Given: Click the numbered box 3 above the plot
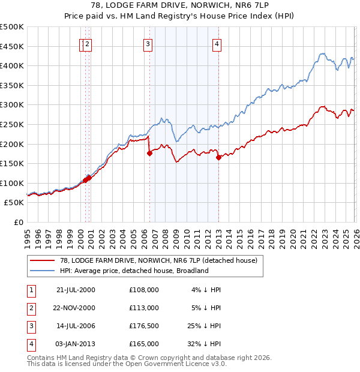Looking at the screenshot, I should [x=148, y=43].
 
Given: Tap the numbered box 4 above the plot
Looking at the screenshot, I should [x=217, y=43].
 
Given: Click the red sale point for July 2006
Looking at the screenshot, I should [x=149, y=153].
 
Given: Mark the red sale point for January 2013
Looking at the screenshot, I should [x=218, y=157].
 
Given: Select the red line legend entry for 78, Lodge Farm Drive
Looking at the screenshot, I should [x=158, y=260].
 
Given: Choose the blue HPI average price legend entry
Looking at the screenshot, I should [x=134, y=271].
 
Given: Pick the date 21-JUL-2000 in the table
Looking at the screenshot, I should [x=75, y=289].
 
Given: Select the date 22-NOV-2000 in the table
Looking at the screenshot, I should [x=75, y=307].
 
